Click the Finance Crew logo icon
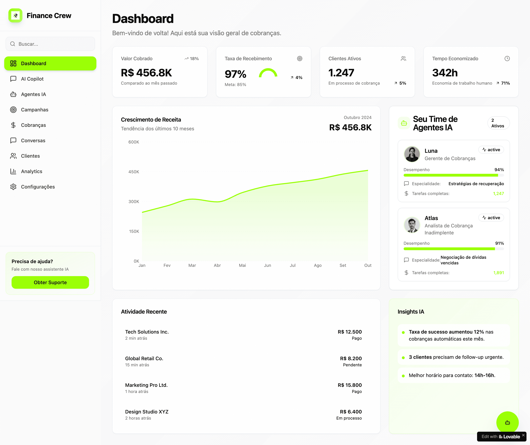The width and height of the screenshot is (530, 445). point(15,15)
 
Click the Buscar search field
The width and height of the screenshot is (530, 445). point(50,44)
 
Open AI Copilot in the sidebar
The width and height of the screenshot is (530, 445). point(32,79)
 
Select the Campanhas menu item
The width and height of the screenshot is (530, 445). point(35,110)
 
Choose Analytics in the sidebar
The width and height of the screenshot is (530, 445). point(32,171)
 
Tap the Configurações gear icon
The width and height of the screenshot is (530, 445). point(13,187)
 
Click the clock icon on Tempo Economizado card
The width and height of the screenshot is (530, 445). point(507,59)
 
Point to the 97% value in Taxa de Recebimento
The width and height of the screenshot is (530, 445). point(235,74)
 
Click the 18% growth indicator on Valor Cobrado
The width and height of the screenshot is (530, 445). point(192,59)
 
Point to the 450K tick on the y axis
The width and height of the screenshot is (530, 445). point(134,172)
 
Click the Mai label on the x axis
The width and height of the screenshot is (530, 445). point(242,265)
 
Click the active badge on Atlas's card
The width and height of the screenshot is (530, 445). point(491,218)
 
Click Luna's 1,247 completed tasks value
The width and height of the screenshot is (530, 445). point(498,193)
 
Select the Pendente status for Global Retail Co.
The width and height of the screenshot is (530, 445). point(352,365)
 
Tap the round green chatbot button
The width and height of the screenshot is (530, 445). point(507,423)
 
